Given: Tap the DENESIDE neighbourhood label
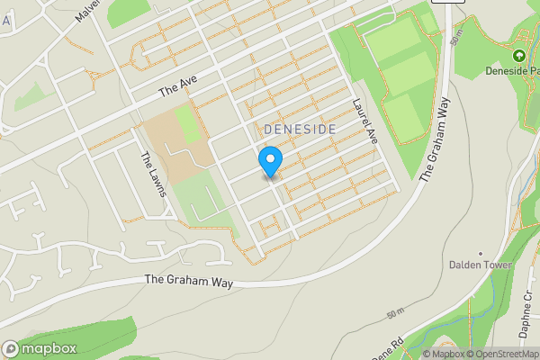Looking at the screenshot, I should click(x=301, y=130).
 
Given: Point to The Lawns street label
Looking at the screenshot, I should click(x=149, y=171).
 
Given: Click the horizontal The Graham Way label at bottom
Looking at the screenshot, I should click(x=189, y=282).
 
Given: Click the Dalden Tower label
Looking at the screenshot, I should click(x=481, y=265).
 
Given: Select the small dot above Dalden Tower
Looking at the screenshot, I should click(x=481, y=253).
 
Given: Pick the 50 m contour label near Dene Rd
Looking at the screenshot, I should click(x=394, y=314).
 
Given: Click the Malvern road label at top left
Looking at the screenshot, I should click(x=87, y=12).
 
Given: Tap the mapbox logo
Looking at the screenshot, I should click(x=40, y=348).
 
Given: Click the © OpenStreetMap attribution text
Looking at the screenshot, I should click(x=503, y=354).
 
